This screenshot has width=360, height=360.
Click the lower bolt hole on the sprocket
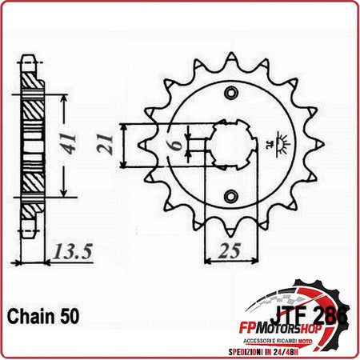pos(231,196)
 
